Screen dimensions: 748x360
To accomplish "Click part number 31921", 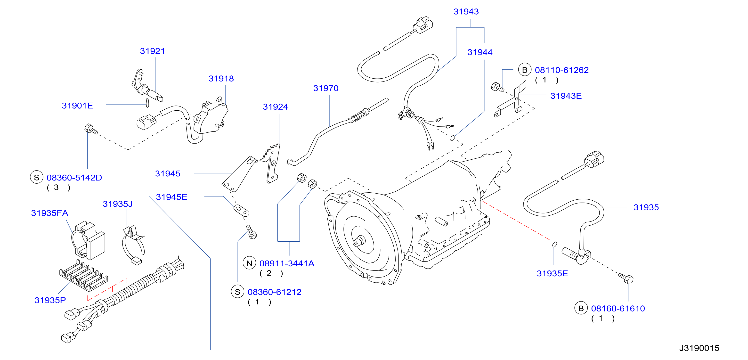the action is click(153, 51).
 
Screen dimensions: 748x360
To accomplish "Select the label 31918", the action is click(221, 78).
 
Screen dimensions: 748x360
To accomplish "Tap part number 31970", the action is click(326, 88).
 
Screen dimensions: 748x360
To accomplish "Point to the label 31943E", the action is click(566, 96).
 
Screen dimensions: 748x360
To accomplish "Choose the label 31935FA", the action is click(50, 213).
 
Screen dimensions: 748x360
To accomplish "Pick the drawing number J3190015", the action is click(699, 348).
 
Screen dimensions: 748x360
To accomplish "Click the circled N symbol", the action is click(249, 263).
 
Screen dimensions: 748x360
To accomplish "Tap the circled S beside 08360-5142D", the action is click(37, 177).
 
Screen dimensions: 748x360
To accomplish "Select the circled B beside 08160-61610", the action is click(581, 308).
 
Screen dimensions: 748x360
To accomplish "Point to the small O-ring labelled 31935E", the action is click(554, 244).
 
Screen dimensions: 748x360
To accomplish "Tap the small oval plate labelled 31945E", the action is click(241, 211).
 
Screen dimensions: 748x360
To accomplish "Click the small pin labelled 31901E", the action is click(147, 103).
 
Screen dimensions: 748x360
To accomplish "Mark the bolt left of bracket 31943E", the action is click(497, 87).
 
